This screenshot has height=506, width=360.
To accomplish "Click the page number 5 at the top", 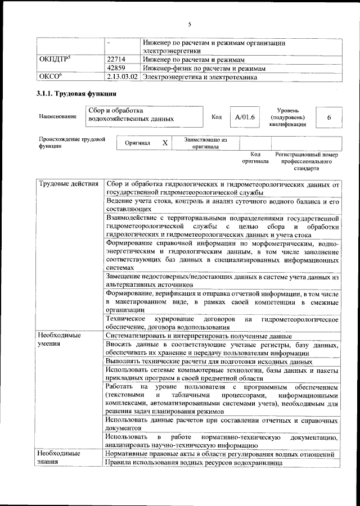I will tap(190, 24).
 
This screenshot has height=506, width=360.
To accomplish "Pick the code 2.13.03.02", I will tap(122, 76).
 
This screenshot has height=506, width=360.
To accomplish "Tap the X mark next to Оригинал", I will tap(165, 143).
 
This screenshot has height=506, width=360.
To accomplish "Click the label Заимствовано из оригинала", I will tap(205, 143).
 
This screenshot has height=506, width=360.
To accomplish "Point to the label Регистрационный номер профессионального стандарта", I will tap(306, 161).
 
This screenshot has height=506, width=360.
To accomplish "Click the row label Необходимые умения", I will tap(59, 339).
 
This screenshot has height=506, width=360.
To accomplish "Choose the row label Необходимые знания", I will tap(59, 457).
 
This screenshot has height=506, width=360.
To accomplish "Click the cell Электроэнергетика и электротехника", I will tap(200, 76).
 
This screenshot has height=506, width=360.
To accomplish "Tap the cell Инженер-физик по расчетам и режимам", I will tap(204, 68).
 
